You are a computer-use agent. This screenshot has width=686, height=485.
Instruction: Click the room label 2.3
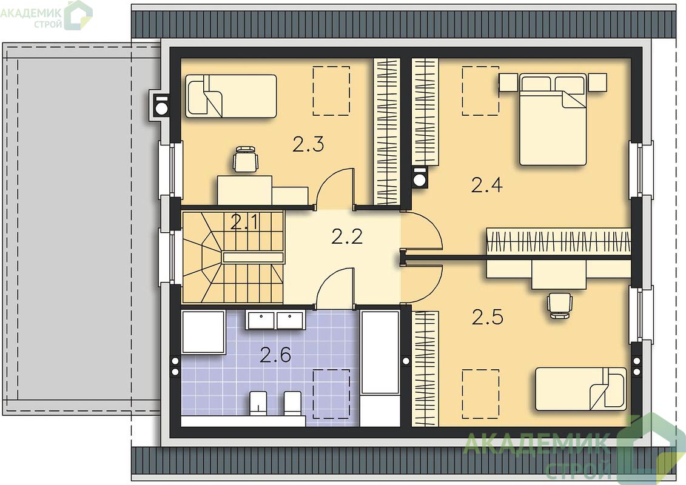(x=308, y=144)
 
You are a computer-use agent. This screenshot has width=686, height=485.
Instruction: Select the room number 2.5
(x=488, y=317)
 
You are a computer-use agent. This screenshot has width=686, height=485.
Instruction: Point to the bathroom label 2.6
(x=275, y=355)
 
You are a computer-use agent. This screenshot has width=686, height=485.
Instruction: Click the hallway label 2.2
(x=347, y=236)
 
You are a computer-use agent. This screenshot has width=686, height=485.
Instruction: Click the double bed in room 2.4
(x=553, y=119)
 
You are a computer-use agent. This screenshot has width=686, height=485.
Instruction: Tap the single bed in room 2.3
(x=231, y=96)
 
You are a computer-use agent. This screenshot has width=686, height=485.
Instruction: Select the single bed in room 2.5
(x=581, y=389)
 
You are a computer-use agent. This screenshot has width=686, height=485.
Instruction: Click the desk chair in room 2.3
(x=246, y=159)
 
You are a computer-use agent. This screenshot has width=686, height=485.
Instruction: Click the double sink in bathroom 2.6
(x=274, y=320)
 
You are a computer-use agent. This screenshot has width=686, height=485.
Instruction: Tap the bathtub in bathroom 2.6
(x=380, y=352)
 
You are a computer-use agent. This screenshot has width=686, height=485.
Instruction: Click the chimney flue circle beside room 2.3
(x=161, y=107)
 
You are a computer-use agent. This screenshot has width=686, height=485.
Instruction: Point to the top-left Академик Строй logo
(x=46, y=15)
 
